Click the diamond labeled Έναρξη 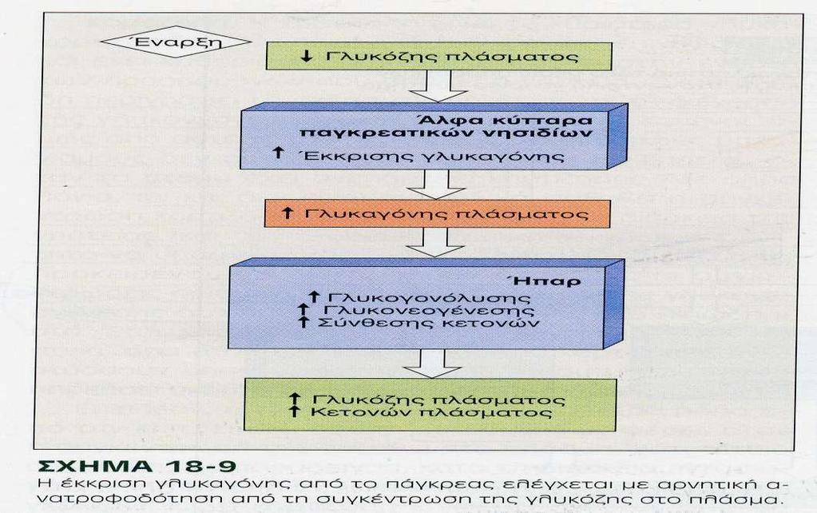click(x=175, y=42)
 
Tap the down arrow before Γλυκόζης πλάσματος click(x=307, y=56)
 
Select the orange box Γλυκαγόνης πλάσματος click(x=437, y=214)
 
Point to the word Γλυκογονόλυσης click(x=428, y=298)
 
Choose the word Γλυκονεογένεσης click(x=428, y=310)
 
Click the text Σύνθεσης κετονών click(x=428, y=323)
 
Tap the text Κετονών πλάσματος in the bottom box click(x=431, y=412)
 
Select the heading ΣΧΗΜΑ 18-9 click(x=137, y=466)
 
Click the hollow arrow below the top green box click(x=438, y=86)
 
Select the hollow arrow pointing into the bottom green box click(x=433, y=364)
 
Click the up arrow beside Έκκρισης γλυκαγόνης click(x=278, y=153)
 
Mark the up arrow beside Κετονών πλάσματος click(x=295, y=412)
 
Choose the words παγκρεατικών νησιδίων click(x=446, y=133)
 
